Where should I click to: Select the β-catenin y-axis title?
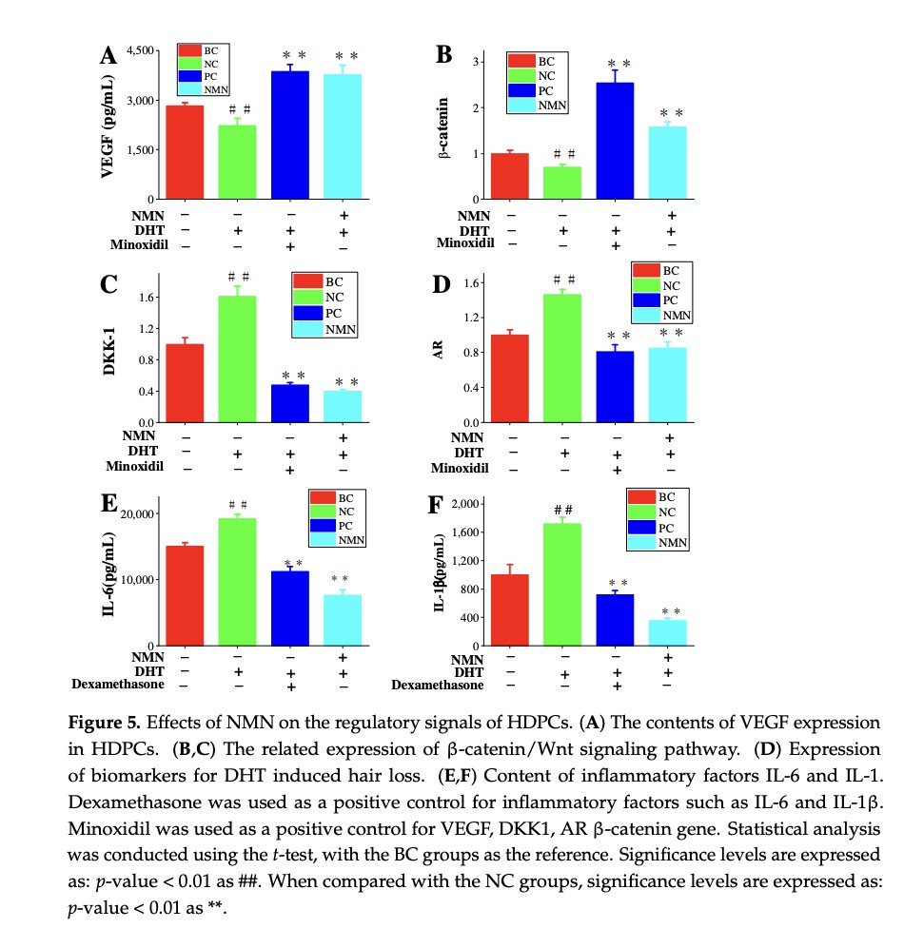[x=443, y=131]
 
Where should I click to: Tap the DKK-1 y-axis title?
[x=111, y=349]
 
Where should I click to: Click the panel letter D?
[x=440, y=282]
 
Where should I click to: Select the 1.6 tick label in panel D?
[x=467, y=282]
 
